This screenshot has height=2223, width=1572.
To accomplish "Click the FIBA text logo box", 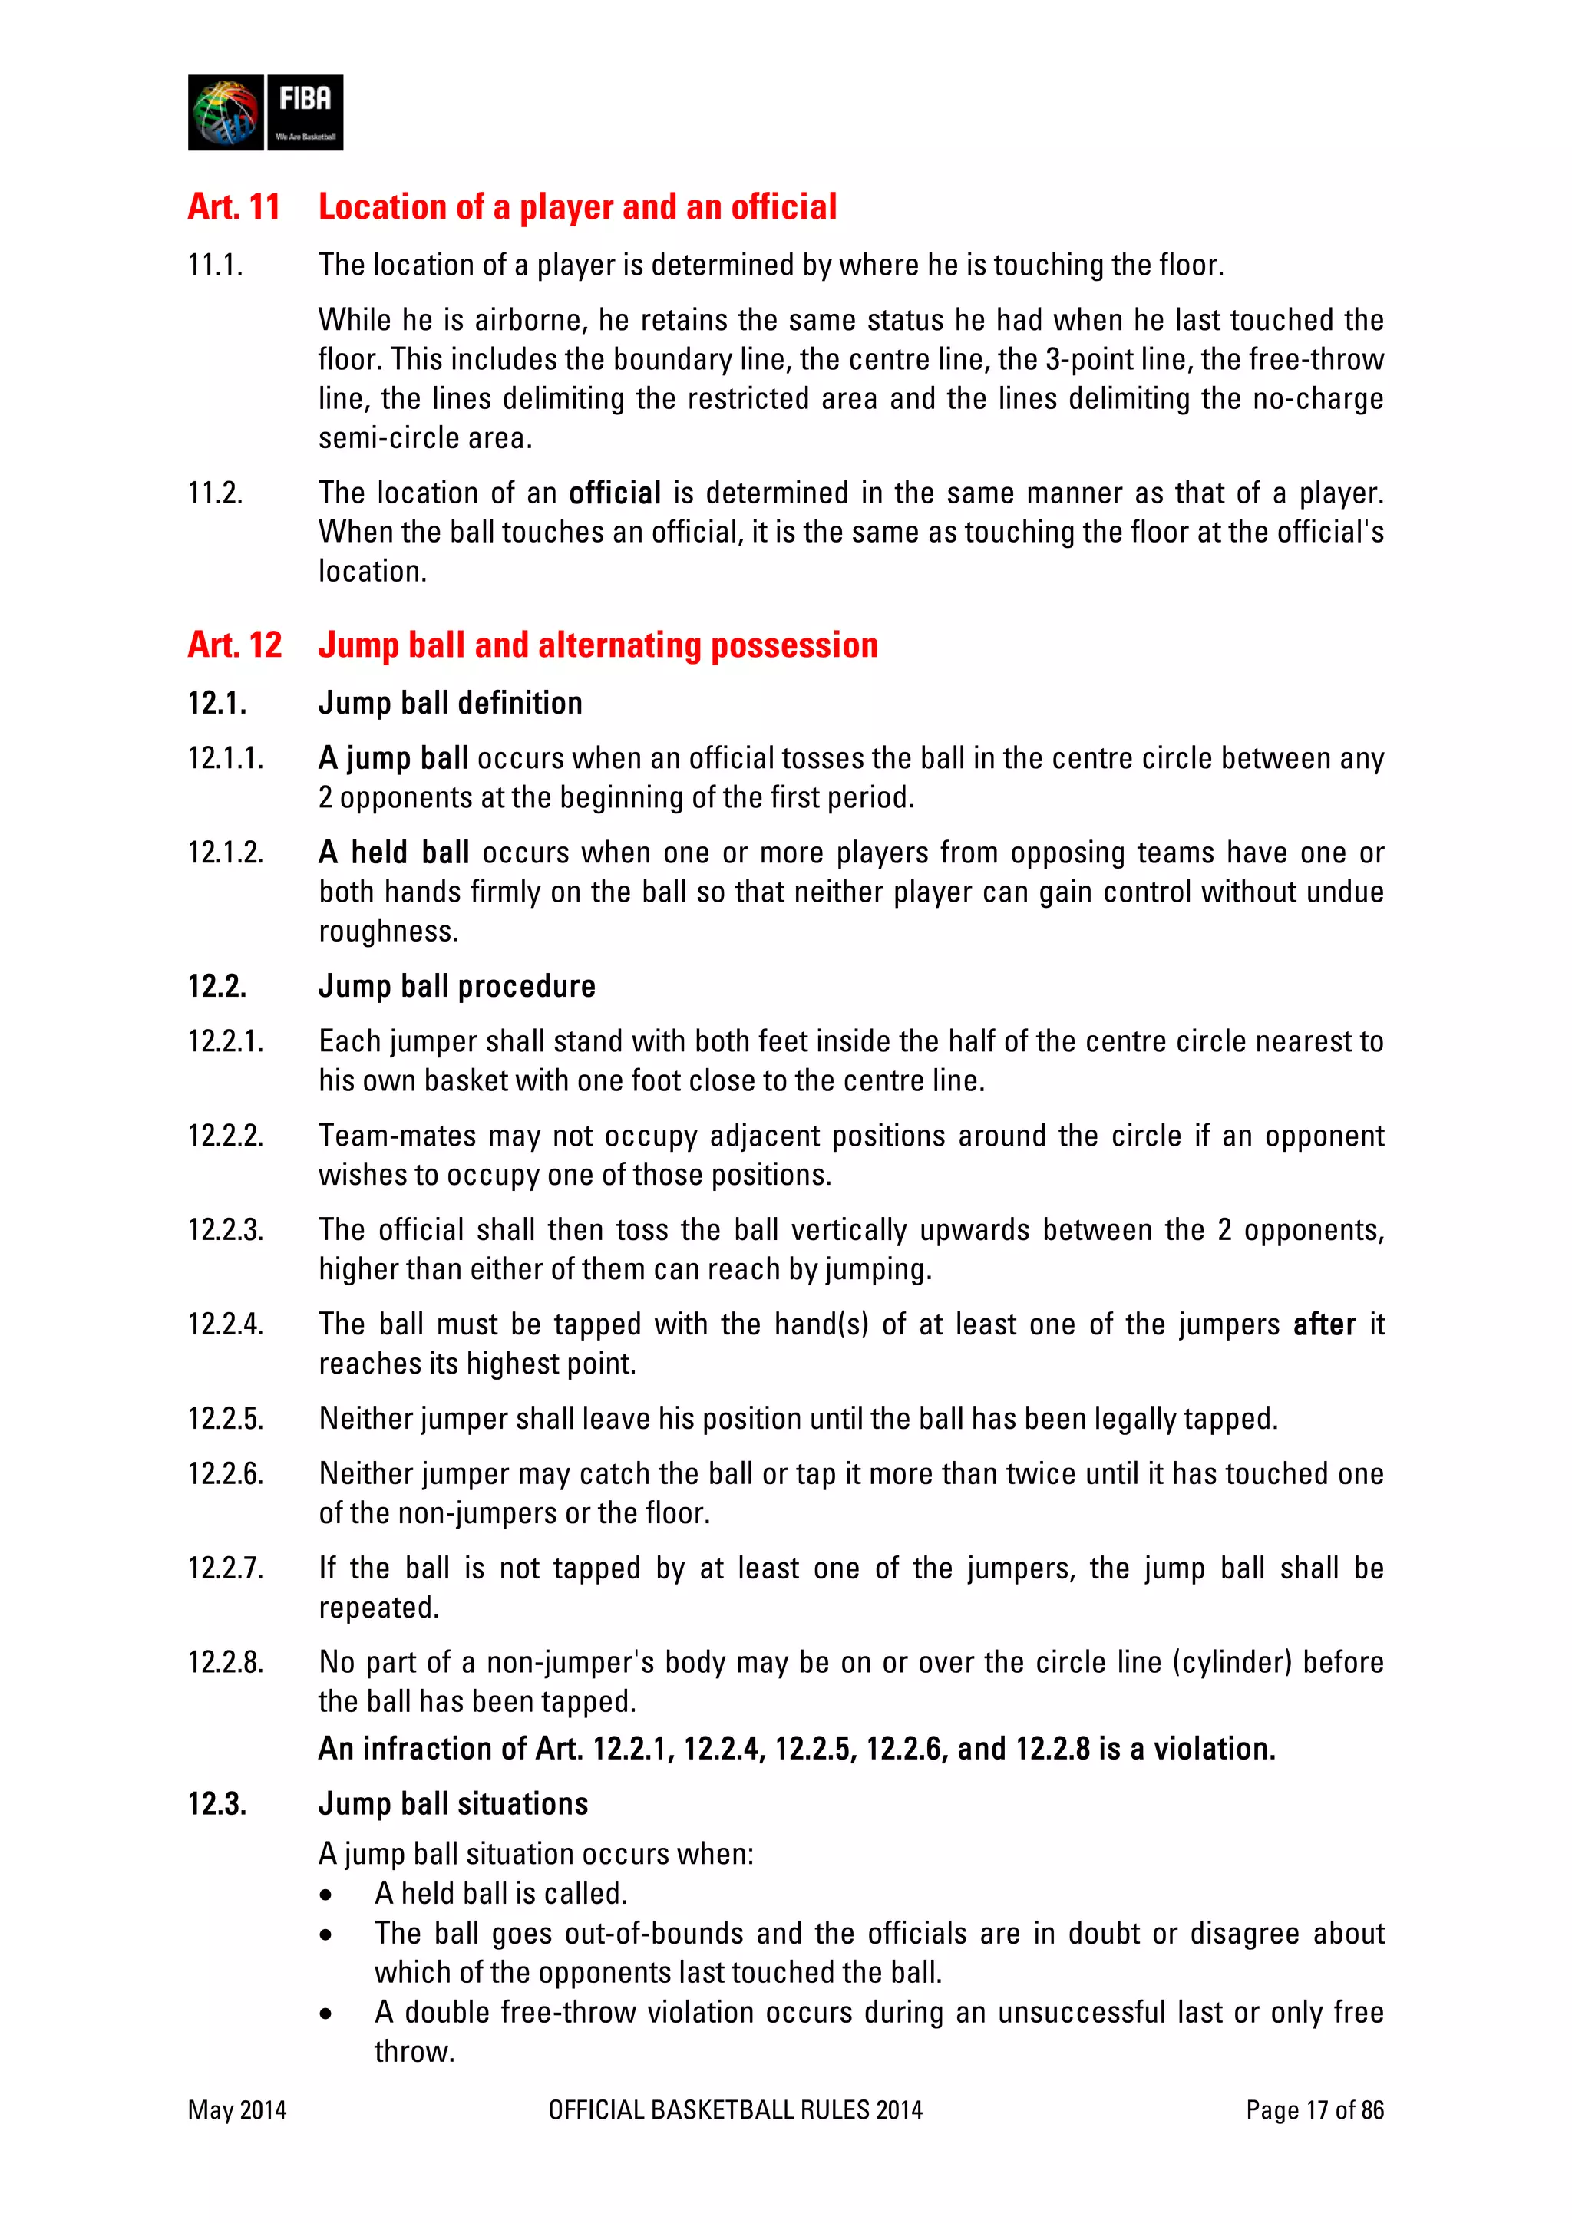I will [304, 112].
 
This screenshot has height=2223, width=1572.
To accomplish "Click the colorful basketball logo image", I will [226, 112].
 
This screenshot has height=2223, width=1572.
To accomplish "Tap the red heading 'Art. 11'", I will [233, 207].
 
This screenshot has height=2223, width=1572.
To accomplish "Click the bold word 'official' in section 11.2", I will [614, 493].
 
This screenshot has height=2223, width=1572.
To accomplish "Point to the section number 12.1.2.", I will [226, 853].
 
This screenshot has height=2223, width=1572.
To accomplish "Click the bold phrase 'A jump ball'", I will [393, 758].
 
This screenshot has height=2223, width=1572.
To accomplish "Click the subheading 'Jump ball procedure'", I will [456, 987].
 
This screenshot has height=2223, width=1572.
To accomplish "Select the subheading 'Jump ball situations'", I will [452, 1804].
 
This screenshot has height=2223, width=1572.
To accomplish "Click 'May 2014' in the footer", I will [237, 2111].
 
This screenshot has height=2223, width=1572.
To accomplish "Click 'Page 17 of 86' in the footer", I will [1314, 2111].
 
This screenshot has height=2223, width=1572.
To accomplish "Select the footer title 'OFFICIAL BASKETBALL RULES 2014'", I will [735, 2111].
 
